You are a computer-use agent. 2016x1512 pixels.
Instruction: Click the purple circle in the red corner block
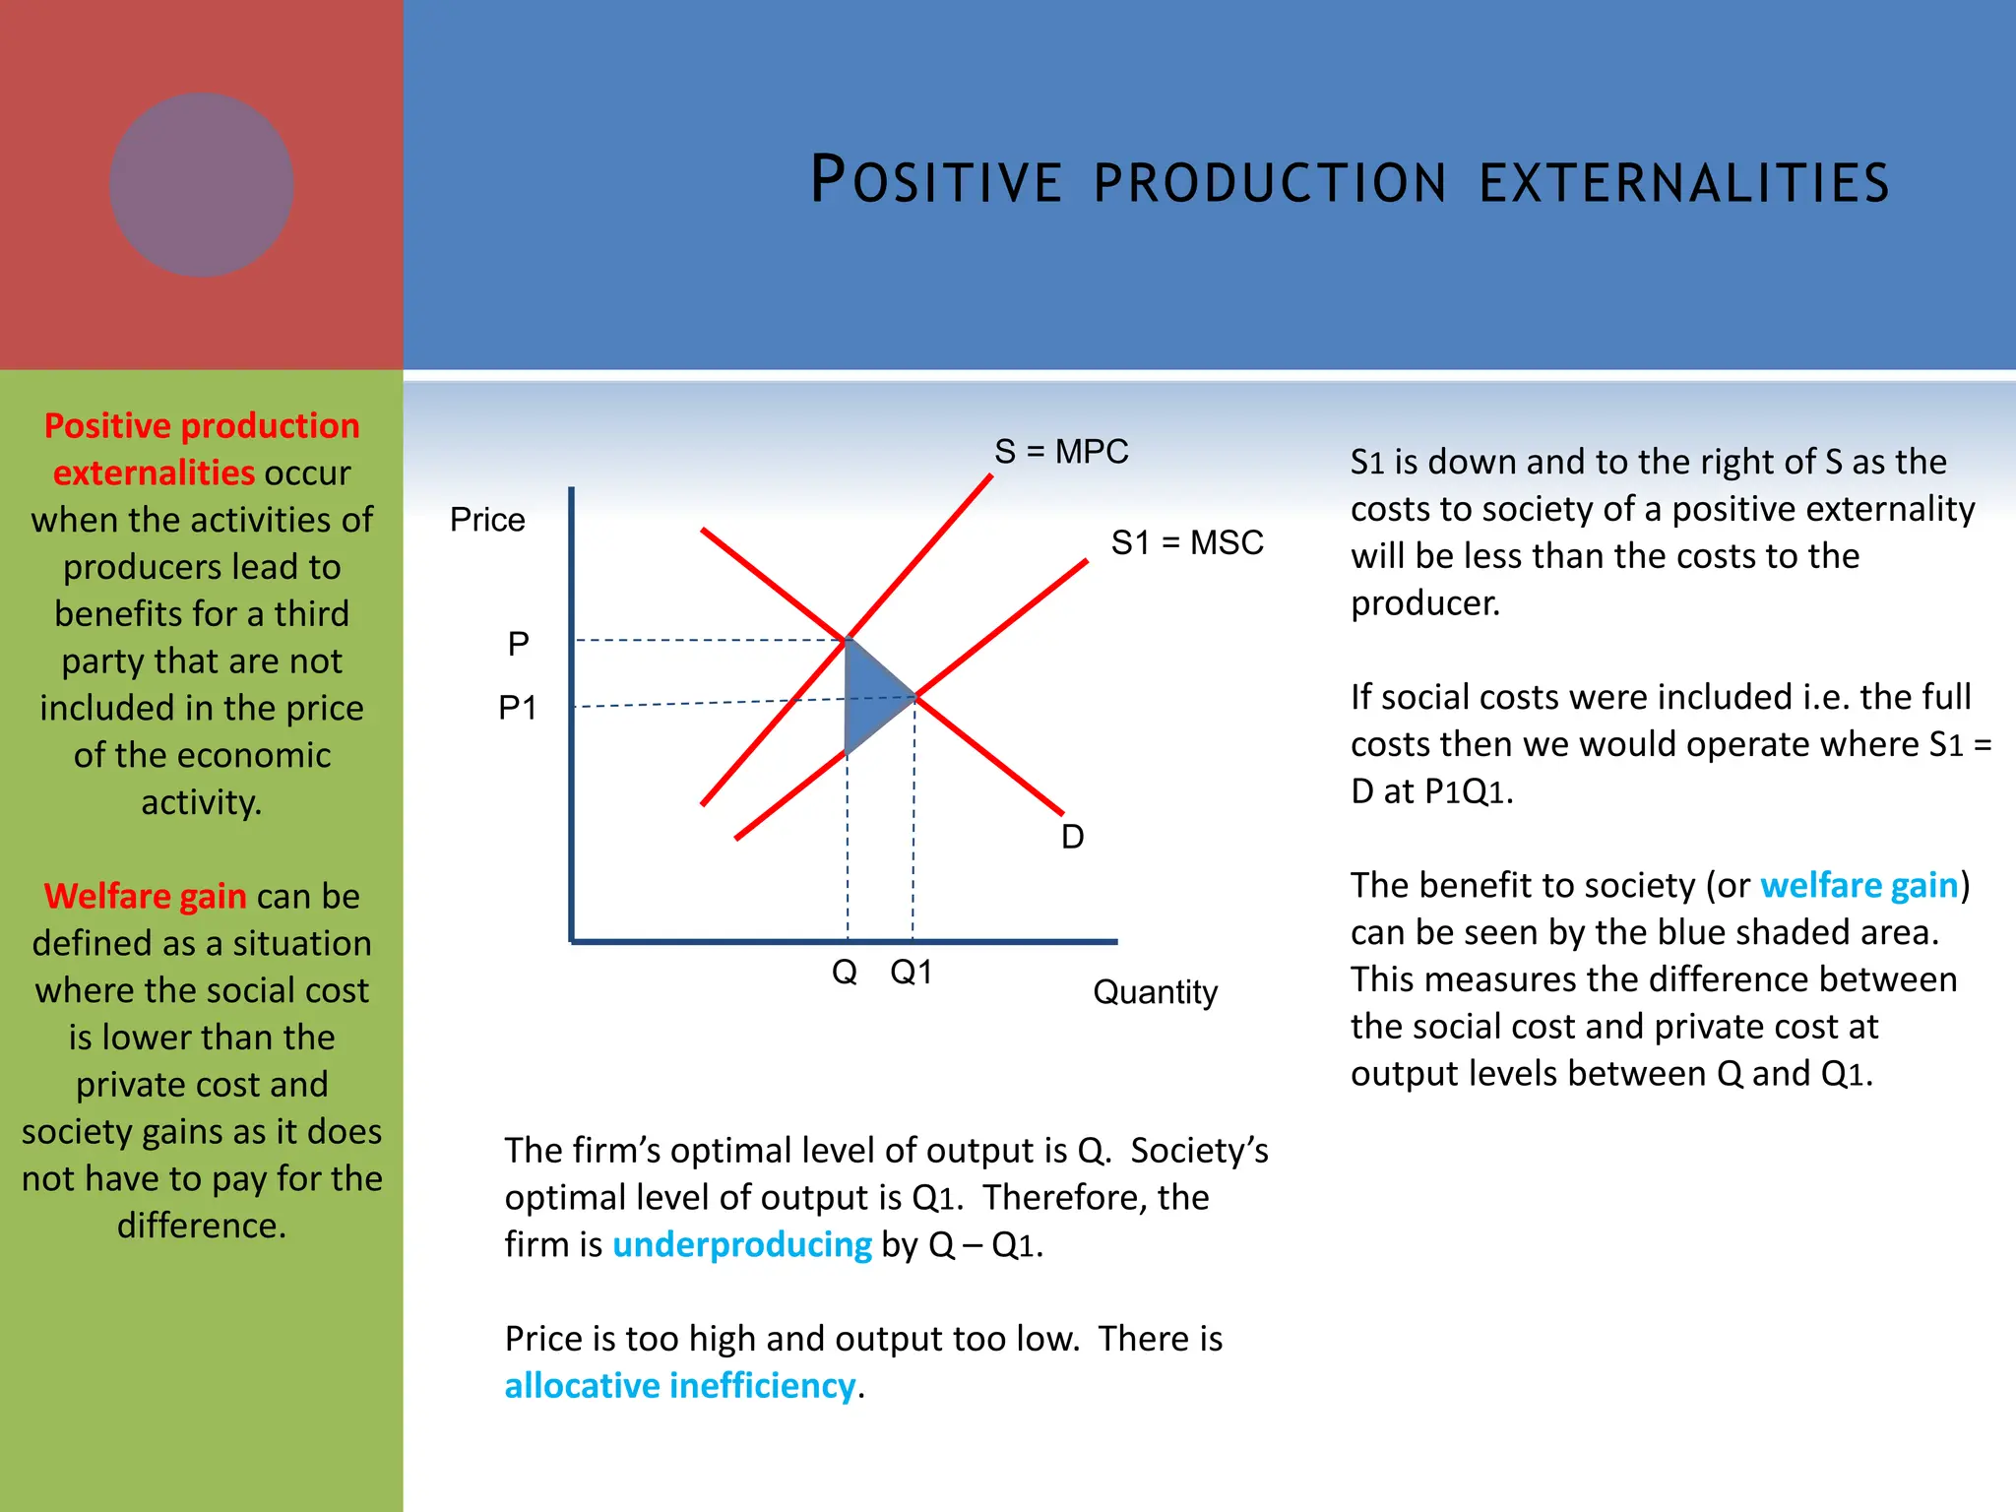point(201,185)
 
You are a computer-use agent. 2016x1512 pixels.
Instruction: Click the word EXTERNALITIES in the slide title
point(1683,183)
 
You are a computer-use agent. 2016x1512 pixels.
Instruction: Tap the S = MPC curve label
point(1060,452)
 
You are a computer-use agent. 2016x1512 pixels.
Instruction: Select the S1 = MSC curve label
point(1186,542)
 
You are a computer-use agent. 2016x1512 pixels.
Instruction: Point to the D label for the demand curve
point(1072,837)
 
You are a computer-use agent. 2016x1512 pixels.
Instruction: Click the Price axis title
point(487,520)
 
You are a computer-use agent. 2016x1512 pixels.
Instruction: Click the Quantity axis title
point(1155,991)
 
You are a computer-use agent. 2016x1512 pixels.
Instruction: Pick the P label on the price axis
point(518,645)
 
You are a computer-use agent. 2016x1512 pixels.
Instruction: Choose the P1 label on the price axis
point(517,708)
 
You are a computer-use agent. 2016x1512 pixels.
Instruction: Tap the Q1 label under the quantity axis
point(911,973)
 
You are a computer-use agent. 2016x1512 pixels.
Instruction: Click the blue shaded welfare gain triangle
point(872,695)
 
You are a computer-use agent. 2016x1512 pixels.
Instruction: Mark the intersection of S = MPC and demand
point(848,640)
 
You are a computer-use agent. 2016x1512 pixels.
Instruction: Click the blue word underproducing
point(741,1245)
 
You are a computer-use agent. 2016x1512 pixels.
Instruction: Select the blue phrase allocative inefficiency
point(680,1386)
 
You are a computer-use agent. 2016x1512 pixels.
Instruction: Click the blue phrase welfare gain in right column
point(1858,886)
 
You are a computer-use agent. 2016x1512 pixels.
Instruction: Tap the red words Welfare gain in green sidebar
point(146,897)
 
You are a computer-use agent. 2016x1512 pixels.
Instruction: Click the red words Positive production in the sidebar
point(202,426)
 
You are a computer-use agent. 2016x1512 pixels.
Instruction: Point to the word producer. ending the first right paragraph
point(1424,603)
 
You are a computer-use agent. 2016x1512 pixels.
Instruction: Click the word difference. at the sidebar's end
point(202,1226)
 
